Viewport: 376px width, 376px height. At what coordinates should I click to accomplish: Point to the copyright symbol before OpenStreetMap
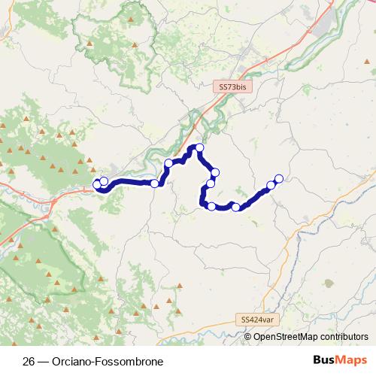248,337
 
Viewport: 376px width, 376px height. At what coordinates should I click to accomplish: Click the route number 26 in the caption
29,361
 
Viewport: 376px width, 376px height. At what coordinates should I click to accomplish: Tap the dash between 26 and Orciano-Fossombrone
44,361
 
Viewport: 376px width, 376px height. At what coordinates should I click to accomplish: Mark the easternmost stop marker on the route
279,178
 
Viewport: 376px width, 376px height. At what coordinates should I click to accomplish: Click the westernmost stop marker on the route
96,184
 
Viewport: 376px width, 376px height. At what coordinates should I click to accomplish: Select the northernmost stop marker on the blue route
199,148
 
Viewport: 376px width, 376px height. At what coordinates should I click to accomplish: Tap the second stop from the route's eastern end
271,185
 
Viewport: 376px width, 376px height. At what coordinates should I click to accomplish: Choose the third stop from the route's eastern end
236,207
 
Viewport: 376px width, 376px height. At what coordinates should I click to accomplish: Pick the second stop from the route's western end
104,181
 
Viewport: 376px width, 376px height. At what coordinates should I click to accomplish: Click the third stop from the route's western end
155,183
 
